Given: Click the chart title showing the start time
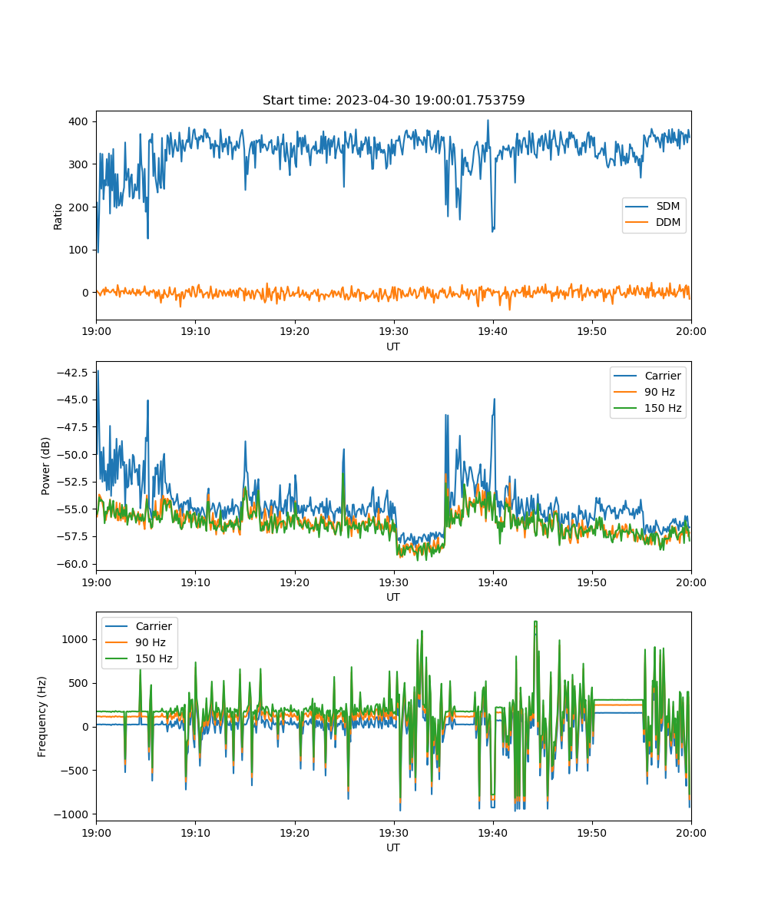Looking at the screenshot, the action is pos(393,100).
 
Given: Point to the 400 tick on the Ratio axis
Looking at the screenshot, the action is pos(78,121).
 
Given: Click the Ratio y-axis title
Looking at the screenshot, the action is pos(58,217).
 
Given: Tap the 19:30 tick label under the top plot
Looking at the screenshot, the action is pos(393,331).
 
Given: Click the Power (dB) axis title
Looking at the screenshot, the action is pos(45,466).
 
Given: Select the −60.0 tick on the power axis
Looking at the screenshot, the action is pos(72,564).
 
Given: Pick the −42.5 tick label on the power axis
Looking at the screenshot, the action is pos(72,372).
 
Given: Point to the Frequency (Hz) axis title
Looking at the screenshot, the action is pos(42,717).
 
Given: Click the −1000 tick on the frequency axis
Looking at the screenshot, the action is pos(71,814).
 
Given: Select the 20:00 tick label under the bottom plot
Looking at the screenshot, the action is pos(690,833).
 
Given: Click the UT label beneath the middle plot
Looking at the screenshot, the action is pos(392,597).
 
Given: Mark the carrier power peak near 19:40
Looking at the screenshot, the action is pos(495,400).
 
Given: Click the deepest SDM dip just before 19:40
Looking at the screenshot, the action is pos(492,231).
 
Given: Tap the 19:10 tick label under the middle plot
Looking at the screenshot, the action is pos(195,582).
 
